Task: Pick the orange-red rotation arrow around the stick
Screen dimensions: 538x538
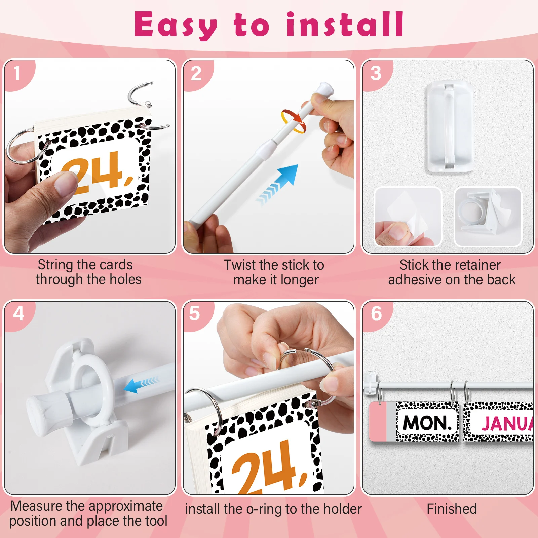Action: (x=294, y=121)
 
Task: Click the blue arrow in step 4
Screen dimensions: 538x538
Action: (x=141, y=384)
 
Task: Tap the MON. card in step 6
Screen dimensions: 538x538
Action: (x=427, y=422)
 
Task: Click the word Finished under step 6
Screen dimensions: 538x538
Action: (x=452, y=509)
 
